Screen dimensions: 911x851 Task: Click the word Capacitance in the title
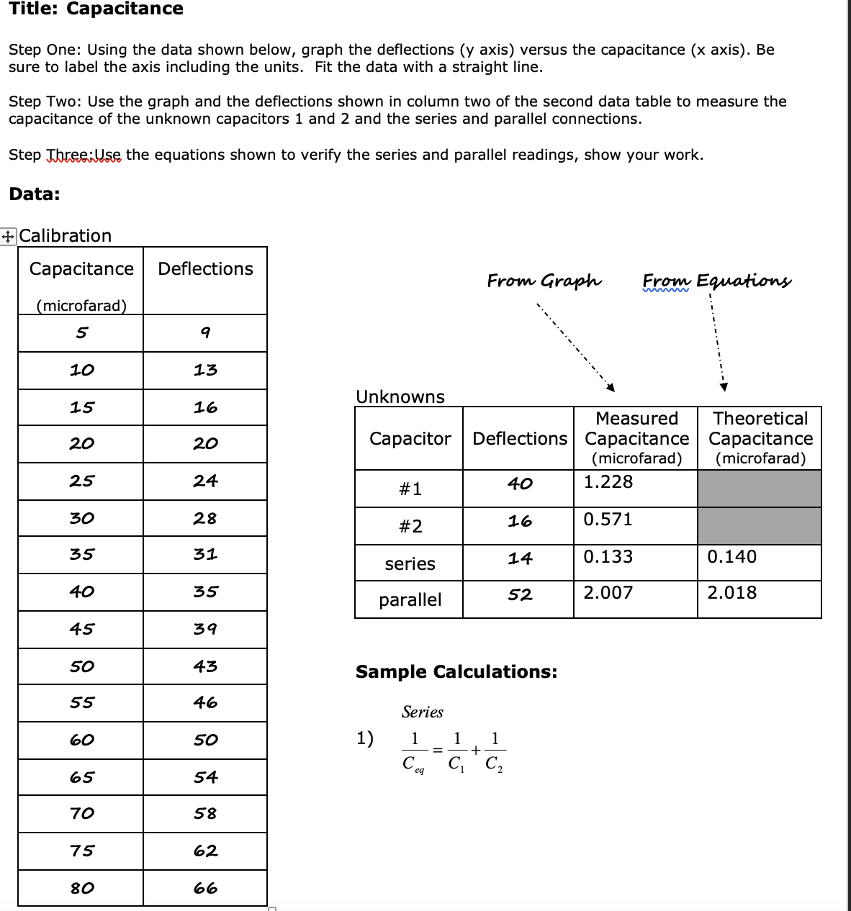point(125,9)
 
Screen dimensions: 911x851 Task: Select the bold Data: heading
point(35,194)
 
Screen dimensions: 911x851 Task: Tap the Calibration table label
point(66,236)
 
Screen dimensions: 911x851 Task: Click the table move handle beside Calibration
point(8,236)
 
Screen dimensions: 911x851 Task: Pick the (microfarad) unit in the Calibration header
point(81,306)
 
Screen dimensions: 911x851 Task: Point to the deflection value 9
point(205,333)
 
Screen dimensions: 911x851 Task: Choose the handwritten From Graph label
point(544,281)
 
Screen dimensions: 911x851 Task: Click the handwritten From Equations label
point(716,281)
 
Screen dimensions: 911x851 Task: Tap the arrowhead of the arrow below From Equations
point(724,387)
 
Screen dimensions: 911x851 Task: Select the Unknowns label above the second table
point(400,397)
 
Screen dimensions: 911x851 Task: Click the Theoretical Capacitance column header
point(760,438)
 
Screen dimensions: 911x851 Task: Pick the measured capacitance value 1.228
point(608,482)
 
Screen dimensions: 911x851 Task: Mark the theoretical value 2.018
point(732,593)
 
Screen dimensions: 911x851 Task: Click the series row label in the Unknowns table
point(410,564)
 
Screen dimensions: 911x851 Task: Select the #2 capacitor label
point(410,527)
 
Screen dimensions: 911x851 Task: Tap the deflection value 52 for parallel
point(520,595)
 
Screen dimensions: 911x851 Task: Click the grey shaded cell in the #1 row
point(760,489)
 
